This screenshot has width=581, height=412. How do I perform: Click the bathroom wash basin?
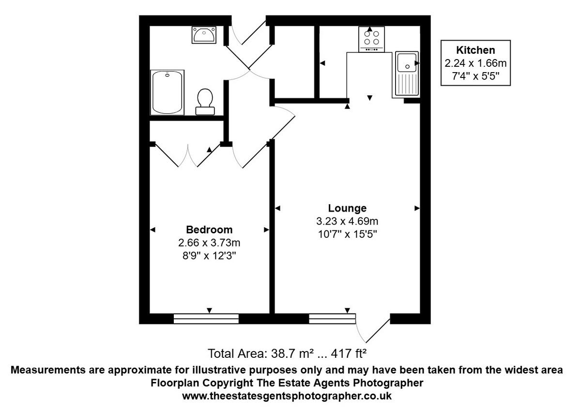click(x=204, y=35)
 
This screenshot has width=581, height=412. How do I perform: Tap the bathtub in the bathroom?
click(x=168, y=92)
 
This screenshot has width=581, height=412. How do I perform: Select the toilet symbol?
click(x=205, y=100)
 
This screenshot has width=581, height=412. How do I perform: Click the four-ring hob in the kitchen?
click(x=371, y=39)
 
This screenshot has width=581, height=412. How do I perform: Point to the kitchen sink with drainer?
click(x=407, y=73)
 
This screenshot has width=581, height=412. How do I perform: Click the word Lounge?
click(x=347, y=209)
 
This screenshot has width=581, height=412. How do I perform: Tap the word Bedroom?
click(x=209, y=229)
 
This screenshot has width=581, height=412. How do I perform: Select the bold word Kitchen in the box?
click(x=475, y=50)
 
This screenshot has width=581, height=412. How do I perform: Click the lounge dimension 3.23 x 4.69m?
click(x=347, y=222)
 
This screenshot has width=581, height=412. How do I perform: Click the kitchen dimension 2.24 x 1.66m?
click(x=475, y=63)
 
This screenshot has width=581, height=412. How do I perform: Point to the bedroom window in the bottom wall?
click(x=206, y=318)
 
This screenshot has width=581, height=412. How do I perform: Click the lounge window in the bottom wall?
click(x=332, y=318)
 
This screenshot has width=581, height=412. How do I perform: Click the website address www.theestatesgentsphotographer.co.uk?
click(x=287, y=396)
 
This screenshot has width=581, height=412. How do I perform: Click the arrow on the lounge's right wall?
click(x=417, y=208)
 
